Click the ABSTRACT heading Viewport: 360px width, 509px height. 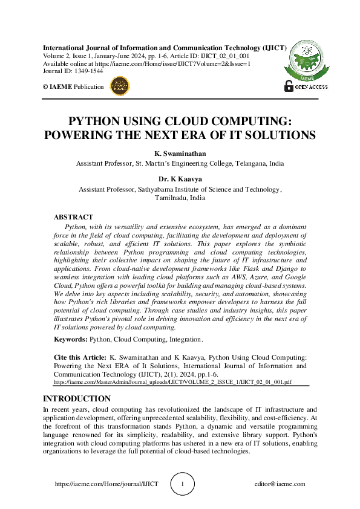click(73, 217)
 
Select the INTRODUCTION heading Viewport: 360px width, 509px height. click(77, 399)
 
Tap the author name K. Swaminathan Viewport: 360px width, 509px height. click(180, 154)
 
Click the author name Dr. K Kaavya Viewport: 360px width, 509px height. click(180, 180)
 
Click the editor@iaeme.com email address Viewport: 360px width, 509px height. click(280, 484)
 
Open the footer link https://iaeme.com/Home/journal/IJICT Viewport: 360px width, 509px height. click(106, 484)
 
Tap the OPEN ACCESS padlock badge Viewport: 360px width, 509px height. click(306, 86)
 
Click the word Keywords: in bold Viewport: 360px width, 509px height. click(71, 340)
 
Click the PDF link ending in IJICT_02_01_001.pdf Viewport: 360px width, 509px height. click(173, 383)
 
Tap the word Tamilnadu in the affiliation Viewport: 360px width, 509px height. click(171, 198)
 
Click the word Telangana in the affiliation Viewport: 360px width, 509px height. click(246, 163)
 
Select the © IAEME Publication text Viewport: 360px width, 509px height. click(73, 86)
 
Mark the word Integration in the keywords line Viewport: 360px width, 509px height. click(185, 340)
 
